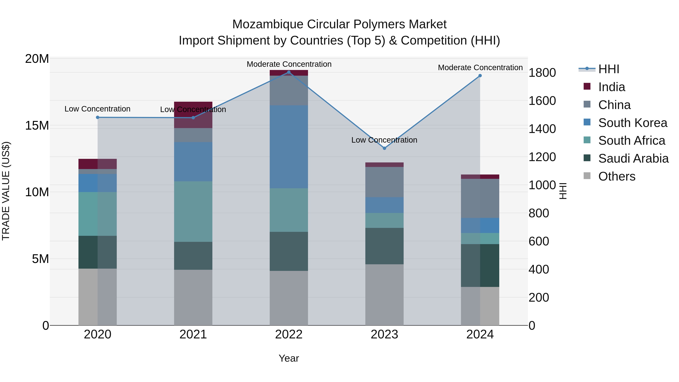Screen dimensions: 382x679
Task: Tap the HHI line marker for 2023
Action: [x=384, y=148]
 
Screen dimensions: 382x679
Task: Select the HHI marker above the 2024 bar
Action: [x=480, y=76]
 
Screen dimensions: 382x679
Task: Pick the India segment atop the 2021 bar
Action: [x=193, y=115]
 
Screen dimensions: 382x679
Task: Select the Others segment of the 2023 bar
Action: [x=384, y=295]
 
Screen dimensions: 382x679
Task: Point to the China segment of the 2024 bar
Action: [x=480, y=198]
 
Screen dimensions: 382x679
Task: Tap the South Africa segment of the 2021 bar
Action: [x=193, y=211]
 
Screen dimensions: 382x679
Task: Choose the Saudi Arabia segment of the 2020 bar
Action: [x=98, y=252]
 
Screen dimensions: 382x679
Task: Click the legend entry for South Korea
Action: [x=632, y=123]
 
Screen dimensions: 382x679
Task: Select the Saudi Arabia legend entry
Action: [x=633, y=158]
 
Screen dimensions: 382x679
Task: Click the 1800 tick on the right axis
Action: [x=542, y=73]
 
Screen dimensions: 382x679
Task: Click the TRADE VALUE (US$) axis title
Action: [x=6, y=191]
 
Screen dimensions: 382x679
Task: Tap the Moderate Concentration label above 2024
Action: [x=480, y=68]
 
